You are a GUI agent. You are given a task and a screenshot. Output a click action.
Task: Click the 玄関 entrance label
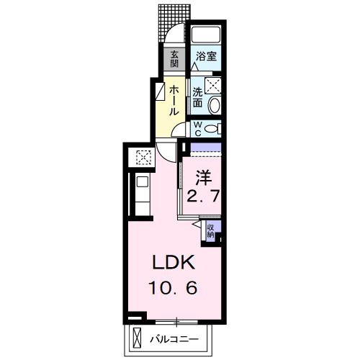pyautogui.click(x=174, y=59)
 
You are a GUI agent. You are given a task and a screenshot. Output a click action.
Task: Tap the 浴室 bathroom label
pyautogui.click(x=207, y=56)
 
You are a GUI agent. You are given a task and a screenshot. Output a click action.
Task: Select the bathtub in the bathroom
pyautogui.click(x=206, y=35)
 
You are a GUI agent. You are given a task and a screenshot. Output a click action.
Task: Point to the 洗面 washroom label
pyautogui.click(x=198, y=97)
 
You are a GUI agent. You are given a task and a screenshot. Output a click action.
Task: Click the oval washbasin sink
pyautogui.click(x=215, y=105)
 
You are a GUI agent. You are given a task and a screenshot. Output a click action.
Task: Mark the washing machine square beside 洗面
pyautogui.click(x=213, y=86)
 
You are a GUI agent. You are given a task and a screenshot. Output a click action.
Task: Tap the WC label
pyautogui.click(x=197, y=129)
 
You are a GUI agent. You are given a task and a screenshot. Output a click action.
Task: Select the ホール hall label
pyautogui.click(x=174, y=102)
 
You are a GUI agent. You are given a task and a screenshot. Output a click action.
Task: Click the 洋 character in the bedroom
pyautogui.click(x=204, y=178)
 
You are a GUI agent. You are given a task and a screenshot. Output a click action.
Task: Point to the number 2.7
pyautogui.click(x=203, y=196)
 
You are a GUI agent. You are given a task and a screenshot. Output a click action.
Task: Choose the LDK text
pyautogui.click(x=174, y=263)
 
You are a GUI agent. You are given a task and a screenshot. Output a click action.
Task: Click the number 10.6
pyautogui.click(x=173, y=288)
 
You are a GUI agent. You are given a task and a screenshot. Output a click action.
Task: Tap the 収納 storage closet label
pyautogui.click(x=211, y=231)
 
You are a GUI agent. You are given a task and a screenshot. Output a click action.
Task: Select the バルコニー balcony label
pyautogui.click(x=174, y=339)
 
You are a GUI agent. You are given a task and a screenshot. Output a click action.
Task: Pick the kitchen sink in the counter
pyautogui.click(x=143, y=181)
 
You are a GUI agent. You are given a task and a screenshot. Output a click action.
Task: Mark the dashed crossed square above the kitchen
pyautogui.click(x=144, y=158)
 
